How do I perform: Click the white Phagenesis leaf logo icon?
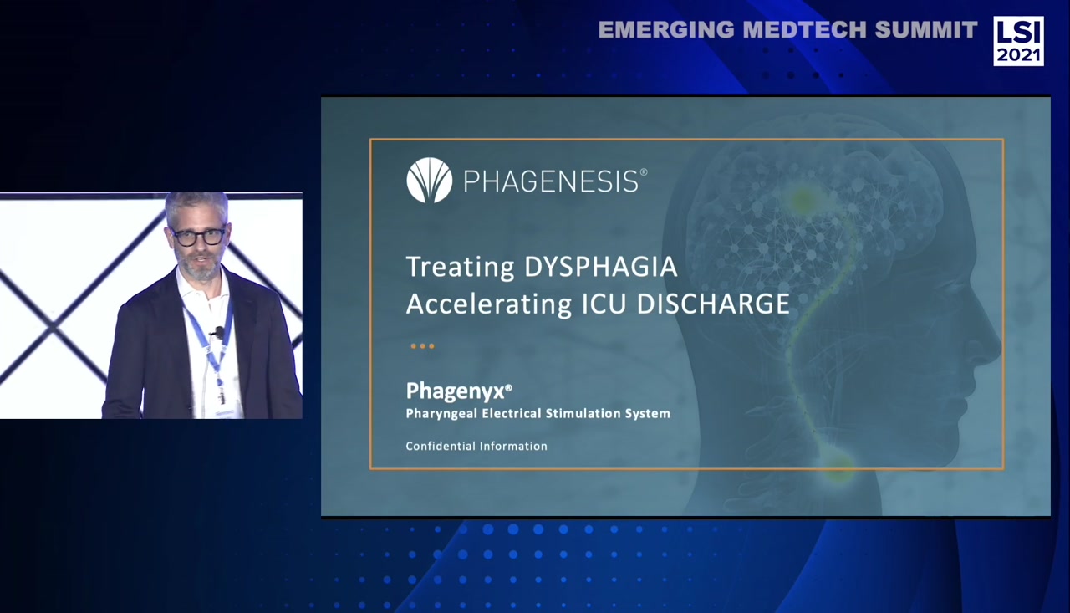(429, 180)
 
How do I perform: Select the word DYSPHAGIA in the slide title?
(600, 267)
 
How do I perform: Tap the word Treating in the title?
(460, 268)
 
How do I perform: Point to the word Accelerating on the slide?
(489, 304)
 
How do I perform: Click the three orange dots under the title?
(422, 345)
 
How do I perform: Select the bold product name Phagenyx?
(457, 391)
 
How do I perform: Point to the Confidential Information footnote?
(476, 446)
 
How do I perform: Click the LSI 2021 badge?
(1018, 40)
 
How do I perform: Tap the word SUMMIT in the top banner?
(926, 30)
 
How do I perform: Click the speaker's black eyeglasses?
(199, 237)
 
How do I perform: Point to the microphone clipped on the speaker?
(217, 332)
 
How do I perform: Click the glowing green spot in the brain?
(803, 199)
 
